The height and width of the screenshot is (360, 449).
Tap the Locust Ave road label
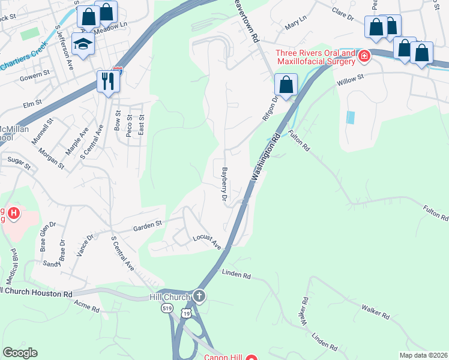tap(207, 241)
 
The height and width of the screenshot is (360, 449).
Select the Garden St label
tap(148, 225)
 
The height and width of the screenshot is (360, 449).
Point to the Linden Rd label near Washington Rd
tap(236, 275)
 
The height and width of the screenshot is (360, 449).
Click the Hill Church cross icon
tap(199, 296)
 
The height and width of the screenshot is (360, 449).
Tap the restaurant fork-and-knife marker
tap(108, 81)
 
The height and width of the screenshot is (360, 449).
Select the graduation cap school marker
tap(83, 43)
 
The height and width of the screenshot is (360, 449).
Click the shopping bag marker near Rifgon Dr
tap(286, 85)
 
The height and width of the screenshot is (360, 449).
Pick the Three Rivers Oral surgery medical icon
tap(364, 56)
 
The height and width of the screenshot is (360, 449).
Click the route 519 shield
tap(167, 308)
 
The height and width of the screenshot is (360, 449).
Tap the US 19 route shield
tap(188, 313)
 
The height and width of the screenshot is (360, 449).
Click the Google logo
tap(20, 352)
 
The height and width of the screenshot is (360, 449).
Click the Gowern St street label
tap(34, 75)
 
